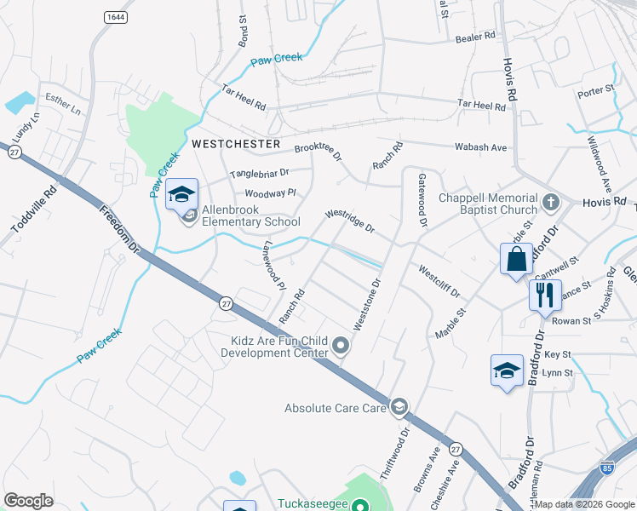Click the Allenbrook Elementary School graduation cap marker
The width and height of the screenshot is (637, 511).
pyautogui.click(x=181, y=195)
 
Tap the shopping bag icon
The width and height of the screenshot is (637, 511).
pyautogui.click(x=517, y=259)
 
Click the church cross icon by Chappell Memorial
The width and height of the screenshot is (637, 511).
pyautogui.click(x=550, y=204)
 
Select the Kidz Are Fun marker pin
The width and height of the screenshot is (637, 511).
pyautogui.click(x=341, y=345)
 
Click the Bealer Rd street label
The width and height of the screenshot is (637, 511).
pyautogui.click(x=475, y=37)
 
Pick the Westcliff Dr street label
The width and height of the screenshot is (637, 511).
pyautogui.click(x=439, y=281)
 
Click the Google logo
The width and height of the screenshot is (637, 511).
pyautogui.click(x=28, y=501)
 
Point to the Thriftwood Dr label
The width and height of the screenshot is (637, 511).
pyautogui.click(x=400, y=449)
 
